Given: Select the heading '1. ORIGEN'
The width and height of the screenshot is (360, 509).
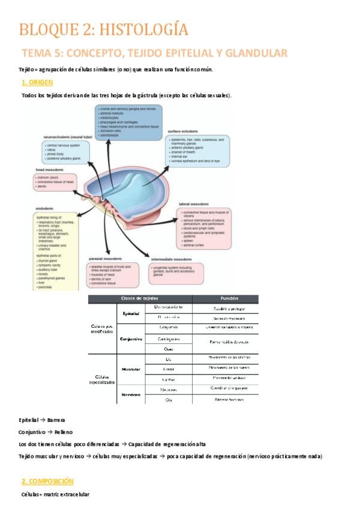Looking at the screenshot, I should [x=37, y=82].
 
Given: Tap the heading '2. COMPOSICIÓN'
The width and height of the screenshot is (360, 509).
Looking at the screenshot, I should [x=47, y=481].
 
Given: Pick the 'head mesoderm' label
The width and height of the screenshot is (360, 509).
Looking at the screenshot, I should [x=49, y=170].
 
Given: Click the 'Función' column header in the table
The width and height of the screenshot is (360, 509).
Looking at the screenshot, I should [x=225, y=298].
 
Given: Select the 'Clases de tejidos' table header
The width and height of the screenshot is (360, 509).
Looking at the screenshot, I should [x=140, y=298].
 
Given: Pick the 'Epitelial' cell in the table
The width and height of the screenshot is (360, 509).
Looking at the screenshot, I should [x=131, y=313].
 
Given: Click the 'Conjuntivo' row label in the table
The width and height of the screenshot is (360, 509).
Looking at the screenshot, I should [x=131, y=339].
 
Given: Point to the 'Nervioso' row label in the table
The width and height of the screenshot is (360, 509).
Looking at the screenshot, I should [x=131, y=395].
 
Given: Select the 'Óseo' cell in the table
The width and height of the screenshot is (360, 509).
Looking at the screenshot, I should [x=169, y=349].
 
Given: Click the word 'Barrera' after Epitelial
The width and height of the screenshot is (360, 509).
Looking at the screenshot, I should [x=56, y=420].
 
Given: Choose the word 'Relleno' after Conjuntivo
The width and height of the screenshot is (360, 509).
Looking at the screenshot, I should [x=62, y=432].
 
